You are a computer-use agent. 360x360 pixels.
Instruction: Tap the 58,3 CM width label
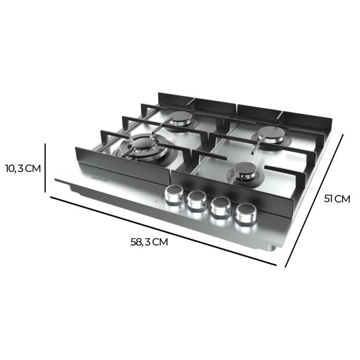(149, 242)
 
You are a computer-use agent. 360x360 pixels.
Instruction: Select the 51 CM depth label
(337, 199)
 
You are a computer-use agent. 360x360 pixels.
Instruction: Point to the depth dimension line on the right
(315, 201)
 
